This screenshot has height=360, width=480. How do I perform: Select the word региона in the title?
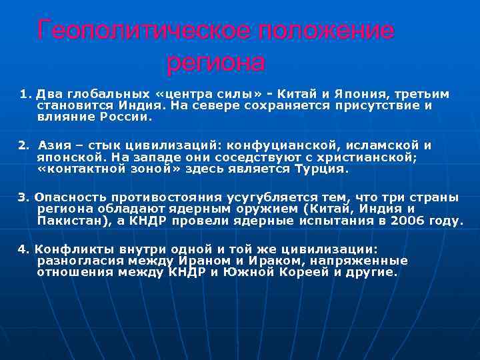[x=215, y=63]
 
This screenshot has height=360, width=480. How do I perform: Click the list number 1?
[x=25, y=93]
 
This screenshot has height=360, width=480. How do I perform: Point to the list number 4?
[x=23, y=249]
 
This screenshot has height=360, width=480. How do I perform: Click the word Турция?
[x=320, y=169]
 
